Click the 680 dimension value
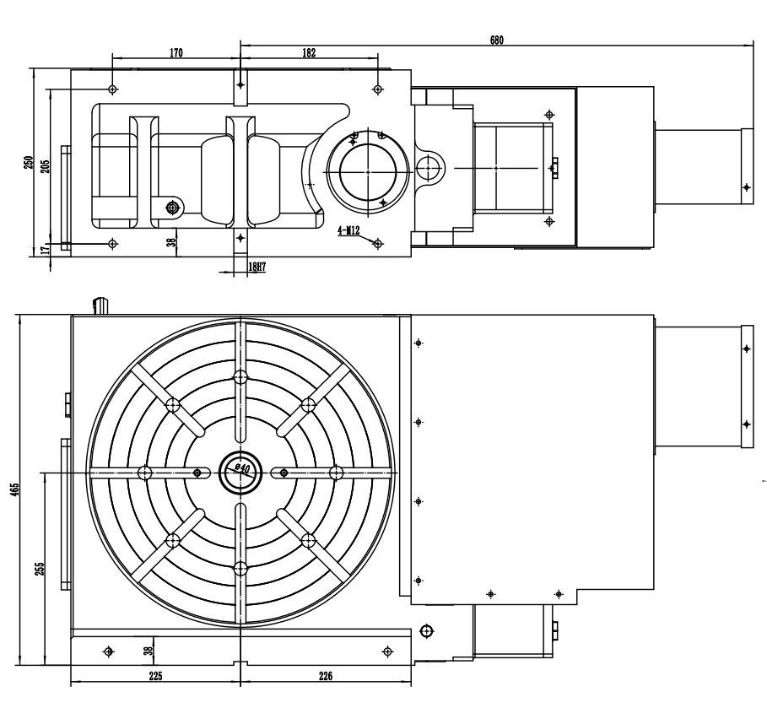496,41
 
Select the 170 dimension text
176,53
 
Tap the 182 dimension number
309,53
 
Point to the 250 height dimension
29,163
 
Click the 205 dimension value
45,167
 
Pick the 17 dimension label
45,250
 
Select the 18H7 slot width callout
257,267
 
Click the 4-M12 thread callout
348,230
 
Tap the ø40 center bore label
243,468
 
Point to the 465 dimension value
14,489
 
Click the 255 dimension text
40,569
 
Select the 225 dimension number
155,676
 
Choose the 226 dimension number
326,676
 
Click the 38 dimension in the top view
170,241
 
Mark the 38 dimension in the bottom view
149,651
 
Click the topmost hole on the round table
240,377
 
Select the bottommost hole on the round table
240,569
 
